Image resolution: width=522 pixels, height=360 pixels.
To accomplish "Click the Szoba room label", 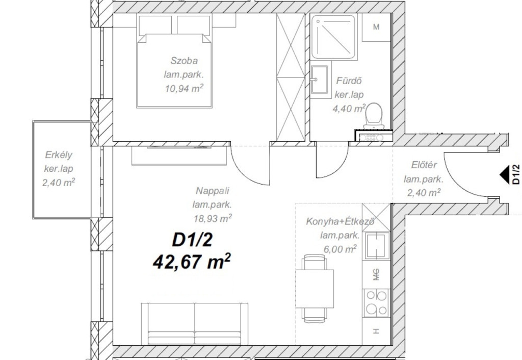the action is click(x=184, y=61).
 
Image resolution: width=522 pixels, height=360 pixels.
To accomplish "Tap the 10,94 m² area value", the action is click(x=184, y=88).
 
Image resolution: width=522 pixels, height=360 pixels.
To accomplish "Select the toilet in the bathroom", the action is click(x=374, y=115).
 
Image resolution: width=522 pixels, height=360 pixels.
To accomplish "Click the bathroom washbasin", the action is click(x=319, y=79).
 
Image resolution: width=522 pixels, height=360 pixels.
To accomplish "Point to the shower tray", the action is click(x=334, y=37).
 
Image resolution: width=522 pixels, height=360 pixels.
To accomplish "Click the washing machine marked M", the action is click(x=376, y=27).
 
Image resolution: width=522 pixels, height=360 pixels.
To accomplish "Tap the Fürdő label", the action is click(x=349, y=81).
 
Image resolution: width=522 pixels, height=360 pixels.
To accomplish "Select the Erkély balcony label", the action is click(x=59, y=155).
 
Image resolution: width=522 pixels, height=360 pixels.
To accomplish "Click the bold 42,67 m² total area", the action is click(x=192, y=262).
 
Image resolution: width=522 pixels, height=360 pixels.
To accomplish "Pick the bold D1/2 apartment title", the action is click(x=192, y=240).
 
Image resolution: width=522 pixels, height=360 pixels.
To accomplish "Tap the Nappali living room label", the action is click(x=213, y=191).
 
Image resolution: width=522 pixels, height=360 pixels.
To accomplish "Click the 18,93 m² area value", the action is click(x=213, y=218).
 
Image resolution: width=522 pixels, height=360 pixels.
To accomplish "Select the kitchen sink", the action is click(x=377, y=246).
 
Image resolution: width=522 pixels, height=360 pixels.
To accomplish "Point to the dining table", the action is click(x=315, y=289).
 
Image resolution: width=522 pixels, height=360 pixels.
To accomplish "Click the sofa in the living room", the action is click(x=195, y=324).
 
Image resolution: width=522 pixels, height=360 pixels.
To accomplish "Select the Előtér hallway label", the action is click(x=424, y=165).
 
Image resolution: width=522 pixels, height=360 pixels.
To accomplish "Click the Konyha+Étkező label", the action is click(x=340, y=221).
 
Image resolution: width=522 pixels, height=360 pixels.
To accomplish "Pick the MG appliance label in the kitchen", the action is click(x=376, y=275).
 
